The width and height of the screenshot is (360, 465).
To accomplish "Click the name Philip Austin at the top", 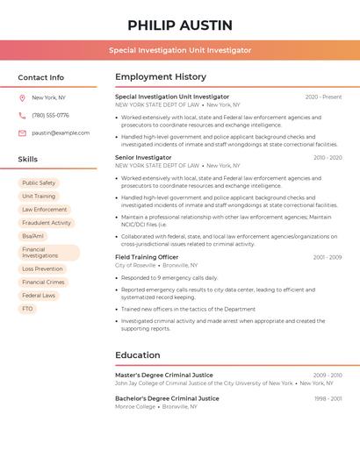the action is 180,25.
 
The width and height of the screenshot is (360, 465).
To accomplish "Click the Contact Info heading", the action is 41,77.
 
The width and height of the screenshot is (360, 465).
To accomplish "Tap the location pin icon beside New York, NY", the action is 23,97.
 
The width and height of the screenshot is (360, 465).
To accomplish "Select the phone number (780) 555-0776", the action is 50,115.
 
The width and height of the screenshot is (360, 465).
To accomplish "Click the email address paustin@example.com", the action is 61,132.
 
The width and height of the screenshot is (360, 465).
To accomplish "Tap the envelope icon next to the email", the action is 23,132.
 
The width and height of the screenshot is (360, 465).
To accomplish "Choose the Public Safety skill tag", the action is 39,182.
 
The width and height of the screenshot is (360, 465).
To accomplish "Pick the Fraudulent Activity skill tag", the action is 47,223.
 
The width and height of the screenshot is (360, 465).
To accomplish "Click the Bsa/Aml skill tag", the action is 32,236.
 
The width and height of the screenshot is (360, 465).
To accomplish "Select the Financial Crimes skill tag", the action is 43,283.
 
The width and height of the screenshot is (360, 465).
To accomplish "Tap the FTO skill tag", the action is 27,309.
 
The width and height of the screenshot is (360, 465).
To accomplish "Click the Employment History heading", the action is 161,77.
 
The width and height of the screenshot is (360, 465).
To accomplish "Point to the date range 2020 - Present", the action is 323,97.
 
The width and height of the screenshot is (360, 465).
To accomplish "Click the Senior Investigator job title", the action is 143,157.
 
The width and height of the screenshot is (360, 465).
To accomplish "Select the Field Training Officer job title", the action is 147,257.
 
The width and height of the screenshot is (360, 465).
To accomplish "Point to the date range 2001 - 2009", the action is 327,257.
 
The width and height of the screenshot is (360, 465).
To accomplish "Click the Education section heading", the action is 137,355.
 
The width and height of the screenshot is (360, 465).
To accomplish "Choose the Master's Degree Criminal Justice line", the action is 164,375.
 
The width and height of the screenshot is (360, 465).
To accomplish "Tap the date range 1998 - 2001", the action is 328,398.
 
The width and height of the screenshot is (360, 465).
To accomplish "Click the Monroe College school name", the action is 135,406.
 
